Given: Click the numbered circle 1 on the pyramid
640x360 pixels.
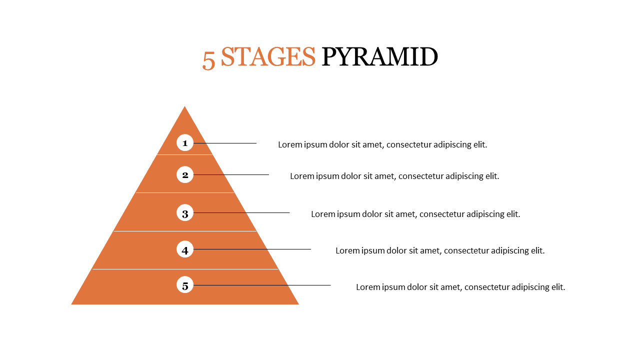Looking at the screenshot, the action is pyautogui.click(x=185, y=142).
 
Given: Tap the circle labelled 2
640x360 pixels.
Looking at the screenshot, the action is pyautogui.click(x=185, y=174).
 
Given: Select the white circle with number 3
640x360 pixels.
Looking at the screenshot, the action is pyautogui.click(x=185, y=212).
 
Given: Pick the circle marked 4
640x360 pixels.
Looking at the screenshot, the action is pyautogui.click(x=185, y=249).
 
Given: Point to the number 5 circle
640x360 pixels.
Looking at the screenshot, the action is pyautogui.click(x=185, y=284).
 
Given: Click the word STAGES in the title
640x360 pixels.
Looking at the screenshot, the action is pyautogui.click(x=268, y=57).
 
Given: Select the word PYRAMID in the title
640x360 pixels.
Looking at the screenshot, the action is pyautogui.click(x=379, y=57).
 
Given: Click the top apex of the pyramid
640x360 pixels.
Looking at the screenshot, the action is pyautogui.click(x=184, y=106).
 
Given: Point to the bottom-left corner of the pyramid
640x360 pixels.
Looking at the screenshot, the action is pyautogui.click(x=71, y=304).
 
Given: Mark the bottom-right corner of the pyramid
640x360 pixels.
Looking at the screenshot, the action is pyautogui.click(x=298, y=304).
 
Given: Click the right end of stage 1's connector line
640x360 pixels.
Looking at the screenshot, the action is pyautogui.click(x=256, y=143).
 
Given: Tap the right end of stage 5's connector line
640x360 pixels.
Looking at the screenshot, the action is pyautogui.click(x=330, y=285).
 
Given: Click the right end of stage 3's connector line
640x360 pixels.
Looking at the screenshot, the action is pyautogui.click(x=289, y=212).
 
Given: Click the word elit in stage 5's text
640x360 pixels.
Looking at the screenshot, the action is pyautogui.click(x=558, y=287).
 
